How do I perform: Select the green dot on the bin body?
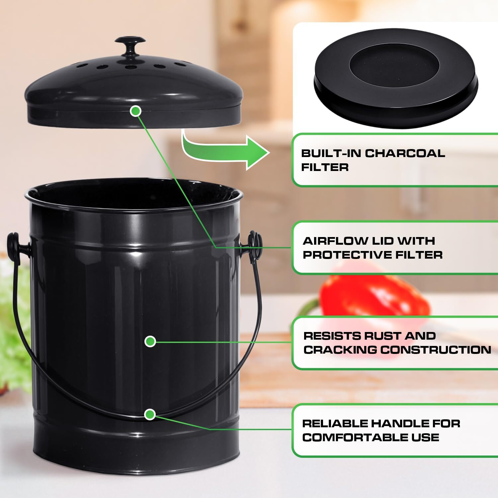pyautogui.click(x=150, y=341)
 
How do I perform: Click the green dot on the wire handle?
pyautogui.click(x=150, y=414)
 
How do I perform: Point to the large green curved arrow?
pyautogui.click(x=226, y=151)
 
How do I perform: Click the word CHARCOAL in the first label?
pyautogui.click(x=405, y=153)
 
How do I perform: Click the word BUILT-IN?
pyautogui.click(x=331, y=153)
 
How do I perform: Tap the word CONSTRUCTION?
pyautogui.click(x=435, y=350)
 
